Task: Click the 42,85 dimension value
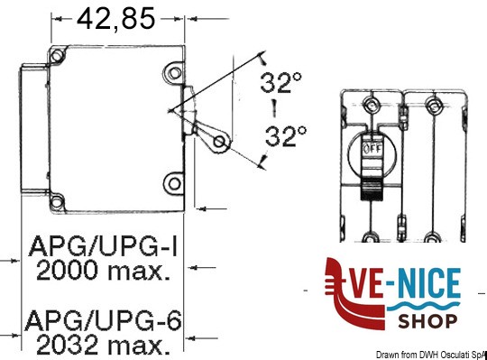coord(115,19)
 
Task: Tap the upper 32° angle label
coord(281,83)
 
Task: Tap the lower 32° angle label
coord(286,136)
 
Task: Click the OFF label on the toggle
coord(373,149)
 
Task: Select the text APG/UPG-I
coord(104,246)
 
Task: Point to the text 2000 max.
coord(104,271)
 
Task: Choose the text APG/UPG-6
coord(103,321)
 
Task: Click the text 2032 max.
coord(104,346)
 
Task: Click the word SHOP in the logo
coord(427,321)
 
